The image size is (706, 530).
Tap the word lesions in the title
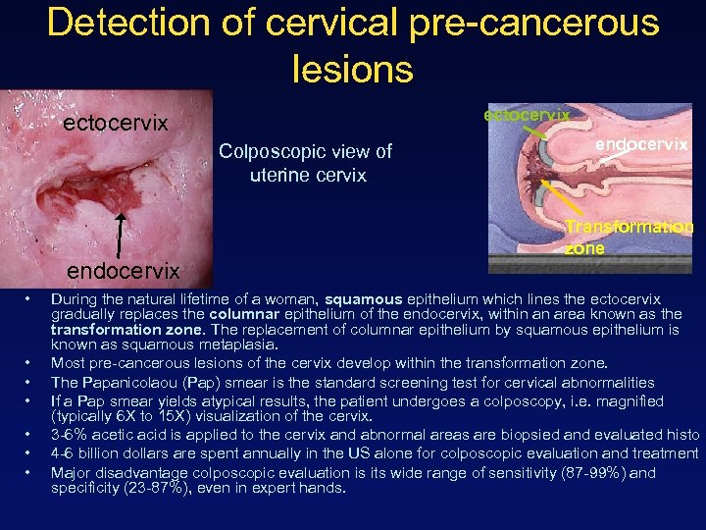pyautogui.click(x=352, y=69)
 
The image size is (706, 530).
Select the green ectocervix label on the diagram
pyautogui.click(x=527, y=115)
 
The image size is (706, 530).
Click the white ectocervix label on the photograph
pyautogui.click(x=116, y=124)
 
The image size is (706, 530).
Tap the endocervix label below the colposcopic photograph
pyautogui.click(x=123, y=270)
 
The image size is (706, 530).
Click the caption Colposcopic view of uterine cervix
pyautogui.click(x=305, y=163)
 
